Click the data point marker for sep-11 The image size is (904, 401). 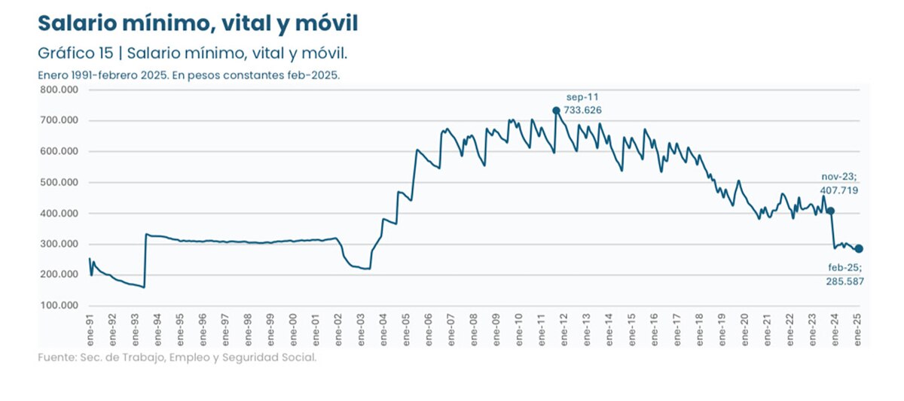[556, 111]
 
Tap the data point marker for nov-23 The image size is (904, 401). [831, 211]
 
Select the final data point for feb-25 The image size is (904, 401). [859, 249]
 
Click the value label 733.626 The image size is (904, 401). [583, 111]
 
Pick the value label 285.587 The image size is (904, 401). [844, 281]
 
